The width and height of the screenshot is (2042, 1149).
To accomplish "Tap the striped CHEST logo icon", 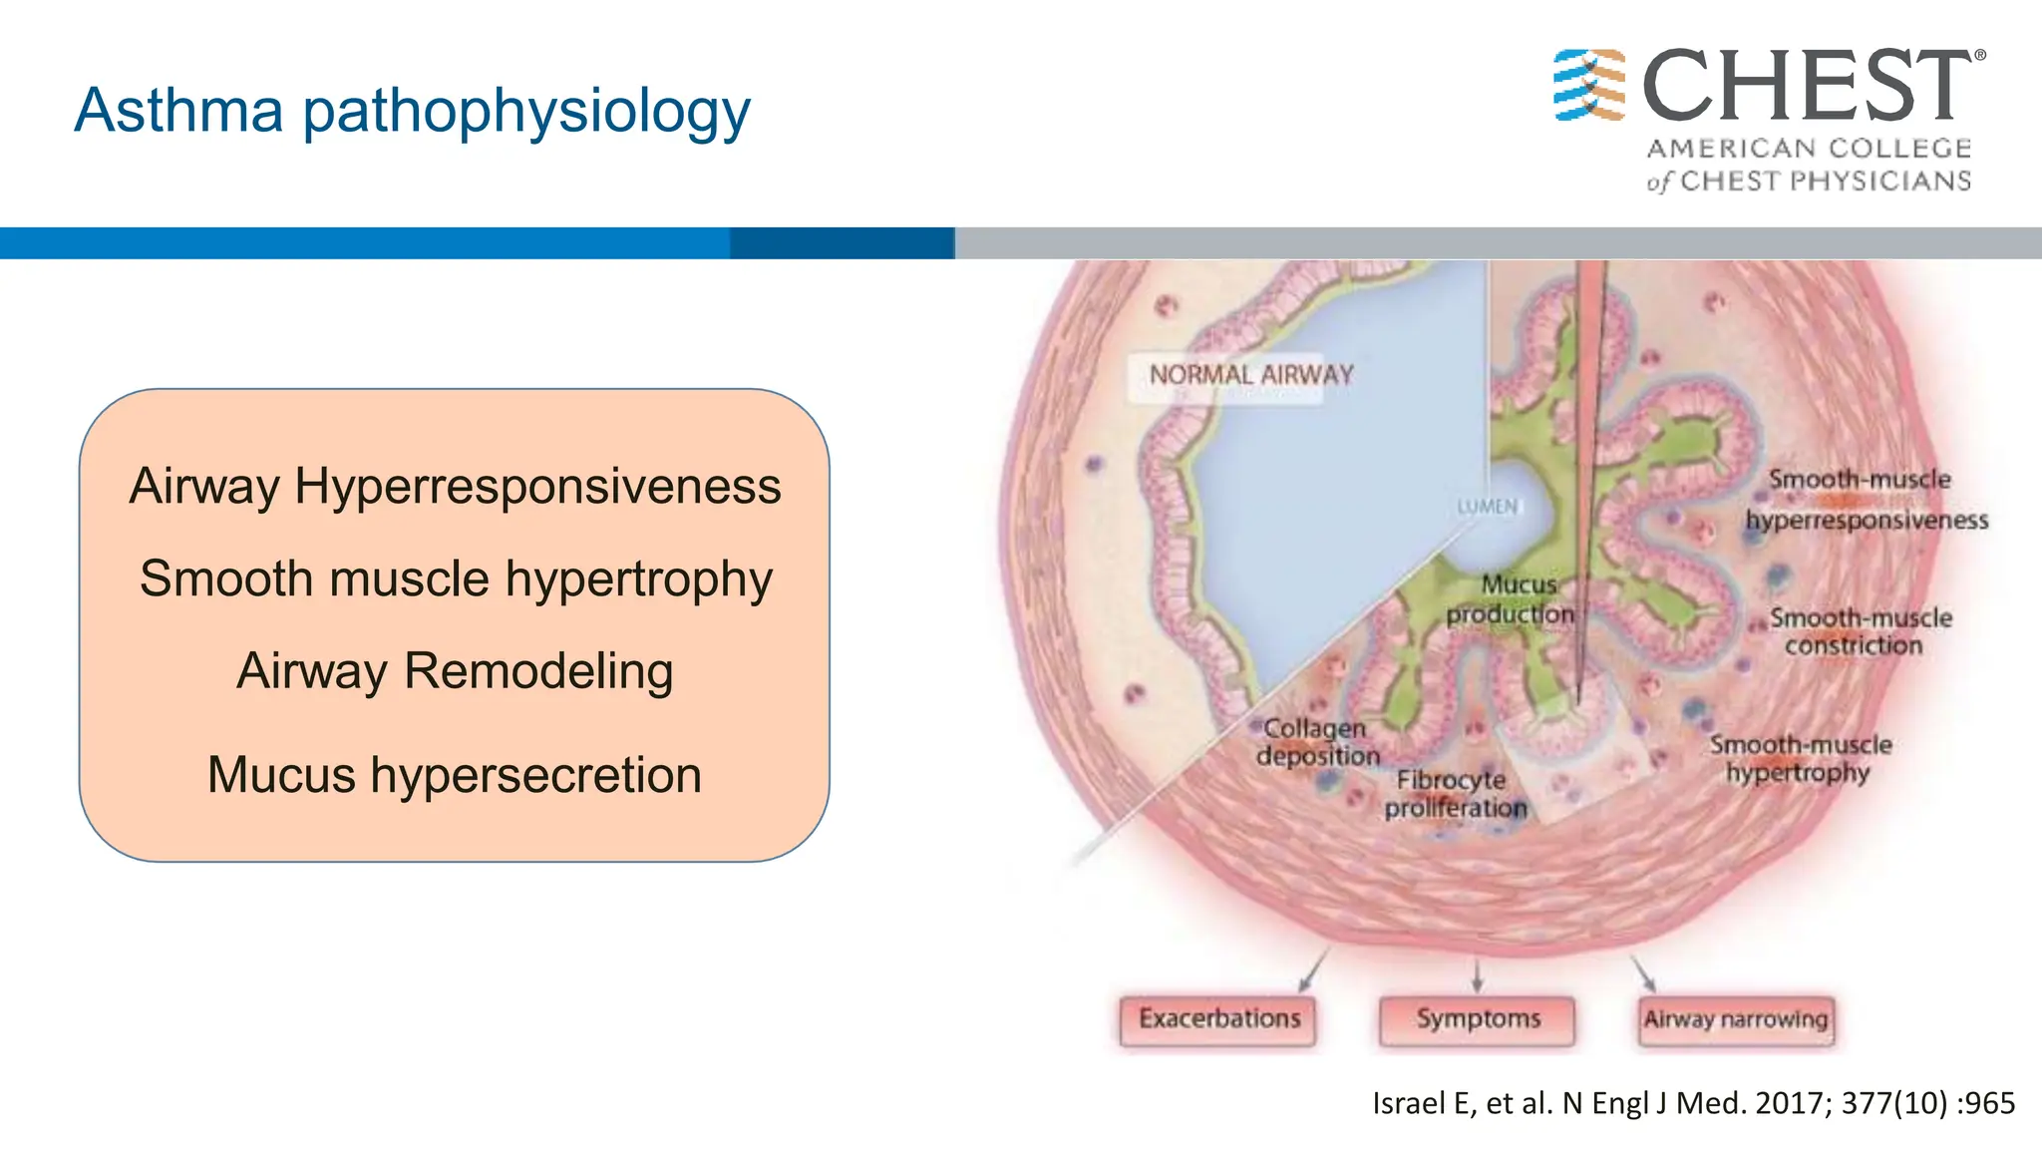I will pos(1588,86).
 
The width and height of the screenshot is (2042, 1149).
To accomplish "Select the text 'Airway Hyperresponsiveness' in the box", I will pos(455,487).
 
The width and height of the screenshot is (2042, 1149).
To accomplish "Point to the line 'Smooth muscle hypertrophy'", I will pos(456,579).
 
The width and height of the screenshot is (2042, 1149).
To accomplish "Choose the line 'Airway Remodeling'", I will pos(455,671).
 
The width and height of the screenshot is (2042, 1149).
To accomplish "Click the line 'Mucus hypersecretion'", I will pos(455,775).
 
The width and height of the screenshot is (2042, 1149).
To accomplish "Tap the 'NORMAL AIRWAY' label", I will pos(1250,376).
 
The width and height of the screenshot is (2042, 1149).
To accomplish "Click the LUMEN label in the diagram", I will pos(1487,507).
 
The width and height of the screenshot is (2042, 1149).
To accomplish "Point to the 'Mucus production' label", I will pos(1513,599).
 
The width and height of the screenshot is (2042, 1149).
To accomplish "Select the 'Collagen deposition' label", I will pos(1317,742).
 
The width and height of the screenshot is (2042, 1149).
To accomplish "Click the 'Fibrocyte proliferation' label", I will pos(1455,794).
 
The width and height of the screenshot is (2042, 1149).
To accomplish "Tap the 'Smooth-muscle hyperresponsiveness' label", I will pos(1865,500).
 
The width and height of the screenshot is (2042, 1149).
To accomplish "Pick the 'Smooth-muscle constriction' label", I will pos(1859,631).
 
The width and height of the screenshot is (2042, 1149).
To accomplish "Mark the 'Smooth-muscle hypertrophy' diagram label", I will pos(1800,759).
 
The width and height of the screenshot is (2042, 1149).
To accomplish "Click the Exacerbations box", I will pos(1218,1019).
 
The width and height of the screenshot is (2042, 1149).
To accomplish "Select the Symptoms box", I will pos(1478,1019).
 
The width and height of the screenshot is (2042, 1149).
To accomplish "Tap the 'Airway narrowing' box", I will pos(1735,1019).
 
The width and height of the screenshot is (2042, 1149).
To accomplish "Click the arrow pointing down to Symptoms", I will pos(1477,975).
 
